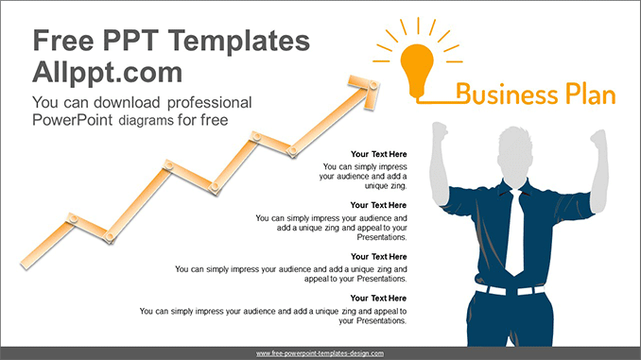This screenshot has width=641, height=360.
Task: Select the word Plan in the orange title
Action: pyautogui.click(x=585, y=94)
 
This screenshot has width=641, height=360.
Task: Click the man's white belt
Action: pyautogui.click(x=511, y=289)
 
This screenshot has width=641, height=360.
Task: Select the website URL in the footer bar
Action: pyautogui.click(x=320, y=352)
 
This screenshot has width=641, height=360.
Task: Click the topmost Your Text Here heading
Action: pyautogui.click(x=378, y=153)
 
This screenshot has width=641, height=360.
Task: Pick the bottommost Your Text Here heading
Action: pyautogui.click(x=378, y=299)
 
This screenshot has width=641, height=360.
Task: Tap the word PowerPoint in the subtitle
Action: pyautogui.click(x=71, y=119)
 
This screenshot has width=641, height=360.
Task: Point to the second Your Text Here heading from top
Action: pyautogui.click(x=378, y=205)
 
